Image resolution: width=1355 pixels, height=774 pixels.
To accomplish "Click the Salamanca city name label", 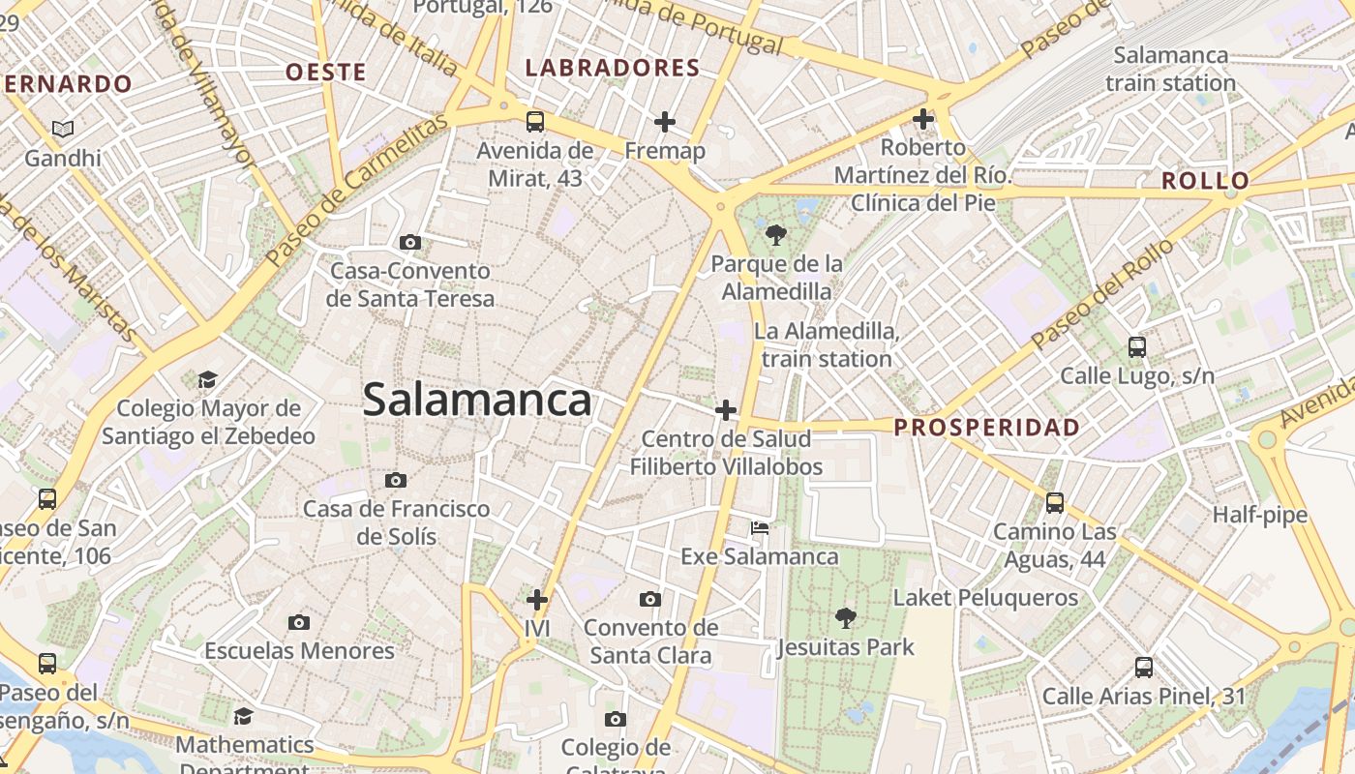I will pos(476,400).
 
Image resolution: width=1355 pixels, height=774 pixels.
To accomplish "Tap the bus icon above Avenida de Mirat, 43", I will pos(535,122).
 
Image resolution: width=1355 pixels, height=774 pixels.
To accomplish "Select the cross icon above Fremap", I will pos(664,122).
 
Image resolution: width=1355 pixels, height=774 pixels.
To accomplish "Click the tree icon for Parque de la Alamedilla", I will pos(775,234).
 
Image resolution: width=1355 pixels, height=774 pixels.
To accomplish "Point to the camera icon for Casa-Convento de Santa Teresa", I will pos(410,242).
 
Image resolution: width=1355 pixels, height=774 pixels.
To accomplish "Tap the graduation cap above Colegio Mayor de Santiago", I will pos(208,379).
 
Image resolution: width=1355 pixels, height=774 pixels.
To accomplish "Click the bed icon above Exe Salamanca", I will pos(760,528).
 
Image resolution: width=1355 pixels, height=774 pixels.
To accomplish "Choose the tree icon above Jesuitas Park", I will pos(845,617).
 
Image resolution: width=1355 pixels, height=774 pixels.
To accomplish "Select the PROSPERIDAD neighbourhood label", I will pos(986,427).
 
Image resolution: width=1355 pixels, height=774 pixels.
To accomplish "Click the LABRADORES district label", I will pos(612,68).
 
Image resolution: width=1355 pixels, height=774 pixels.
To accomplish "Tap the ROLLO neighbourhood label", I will pos(1205,181).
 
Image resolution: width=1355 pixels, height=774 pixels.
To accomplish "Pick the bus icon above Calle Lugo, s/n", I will pos(1137,346).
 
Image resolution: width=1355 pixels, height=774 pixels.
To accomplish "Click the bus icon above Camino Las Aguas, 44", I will pos(1055,503).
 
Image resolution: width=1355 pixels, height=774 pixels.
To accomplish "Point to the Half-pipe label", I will pos(1259,515).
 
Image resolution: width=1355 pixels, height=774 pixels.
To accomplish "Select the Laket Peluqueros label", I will pos(985,598).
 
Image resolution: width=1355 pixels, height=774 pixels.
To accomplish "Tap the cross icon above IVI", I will pos(537,600).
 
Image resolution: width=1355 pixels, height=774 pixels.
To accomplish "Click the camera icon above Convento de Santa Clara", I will pos(650,600).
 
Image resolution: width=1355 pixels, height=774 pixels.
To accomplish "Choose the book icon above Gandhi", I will pos(63,129).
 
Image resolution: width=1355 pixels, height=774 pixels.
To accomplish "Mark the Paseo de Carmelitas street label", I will pos(358,190).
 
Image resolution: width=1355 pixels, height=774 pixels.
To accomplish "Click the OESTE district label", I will pos(326,72).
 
